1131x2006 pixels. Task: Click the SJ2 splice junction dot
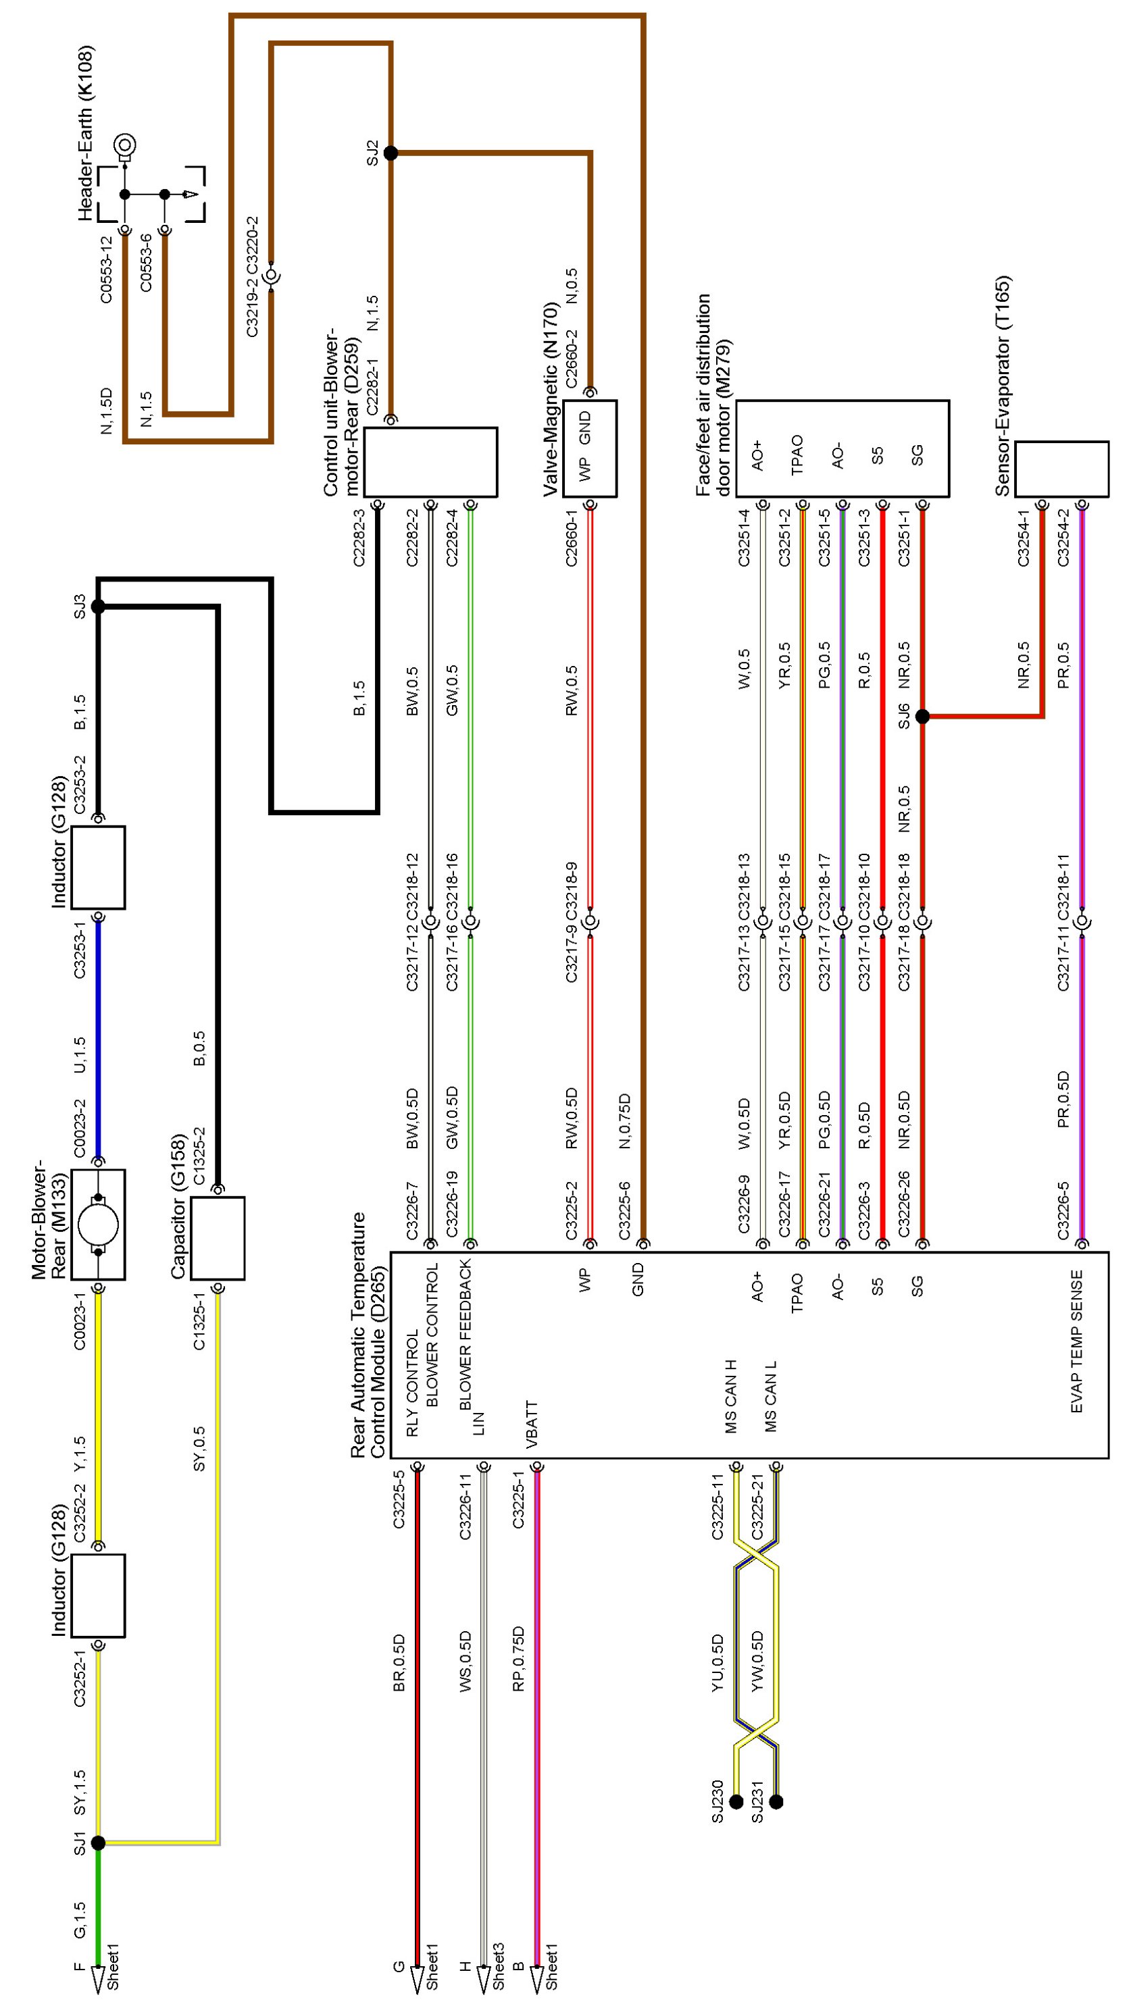click(391, 153)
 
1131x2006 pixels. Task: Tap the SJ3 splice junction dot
click(98, 606)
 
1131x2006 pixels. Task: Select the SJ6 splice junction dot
click(922, 716)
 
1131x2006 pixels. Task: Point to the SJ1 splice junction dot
click(98, 1843)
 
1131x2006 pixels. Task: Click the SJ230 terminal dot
click(736, 1801)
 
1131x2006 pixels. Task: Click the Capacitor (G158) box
click(218, 1238)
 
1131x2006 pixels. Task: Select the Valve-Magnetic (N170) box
click(590, 448)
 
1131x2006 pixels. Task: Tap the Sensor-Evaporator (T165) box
click(1061, 469)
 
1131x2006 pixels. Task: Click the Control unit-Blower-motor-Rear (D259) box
click(431, 462)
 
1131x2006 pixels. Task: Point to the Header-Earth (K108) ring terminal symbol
click(124, 146)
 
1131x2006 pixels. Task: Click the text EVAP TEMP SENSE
click(1076, 1341)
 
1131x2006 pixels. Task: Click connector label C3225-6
click(625, 1210)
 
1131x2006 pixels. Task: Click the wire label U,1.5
click(80, 1055)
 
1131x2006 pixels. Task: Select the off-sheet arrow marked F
click(98, 1978)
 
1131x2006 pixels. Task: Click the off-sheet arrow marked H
click(483, 1978)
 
